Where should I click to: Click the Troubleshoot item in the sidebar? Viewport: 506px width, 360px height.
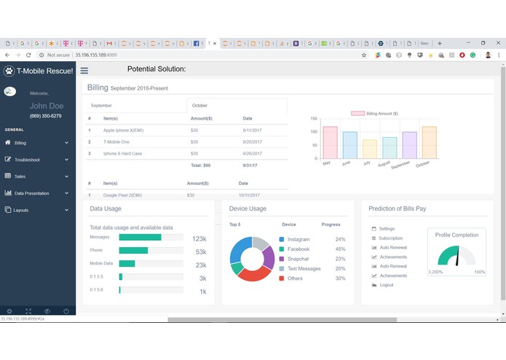(x=27, y=160)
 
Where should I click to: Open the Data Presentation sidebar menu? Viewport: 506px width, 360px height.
(x=31, y=193)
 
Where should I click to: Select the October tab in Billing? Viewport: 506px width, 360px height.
(x=199, y=106)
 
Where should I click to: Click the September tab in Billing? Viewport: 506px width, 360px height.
(x=101, y=106)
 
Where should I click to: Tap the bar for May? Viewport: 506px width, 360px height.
(x=330, y=142)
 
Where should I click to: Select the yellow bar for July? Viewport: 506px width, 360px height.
(x=370, y=149)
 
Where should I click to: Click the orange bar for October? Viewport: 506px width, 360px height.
(x=429, y=142)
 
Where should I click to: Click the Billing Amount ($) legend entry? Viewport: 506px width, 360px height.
(x=374, y=114)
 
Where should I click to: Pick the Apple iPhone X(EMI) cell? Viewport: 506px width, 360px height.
(x=123, y=130)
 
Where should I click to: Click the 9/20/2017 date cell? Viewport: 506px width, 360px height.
(x=252, y=141)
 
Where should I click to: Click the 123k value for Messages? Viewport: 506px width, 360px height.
(x=199, y=238)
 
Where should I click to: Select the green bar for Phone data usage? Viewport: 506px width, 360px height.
(x=133, y=251)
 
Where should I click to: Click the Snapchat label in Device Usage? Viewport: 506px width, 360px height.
(x=298, y=259)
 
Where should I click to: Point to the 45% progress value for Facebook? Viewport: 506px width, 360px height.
(x=339, y=249)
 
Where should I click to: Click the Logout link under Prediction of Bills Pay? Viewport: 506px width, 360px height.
(x=386, y=285)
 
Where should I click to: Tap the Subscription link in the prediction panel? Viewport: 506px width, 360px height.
(x=390, y=238)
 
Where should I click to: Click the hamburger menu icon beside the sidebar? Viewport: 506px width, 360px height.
(x=84, y=71)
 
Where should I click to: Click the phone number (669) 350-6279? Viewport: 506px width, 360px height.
(x=45, y=117)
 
